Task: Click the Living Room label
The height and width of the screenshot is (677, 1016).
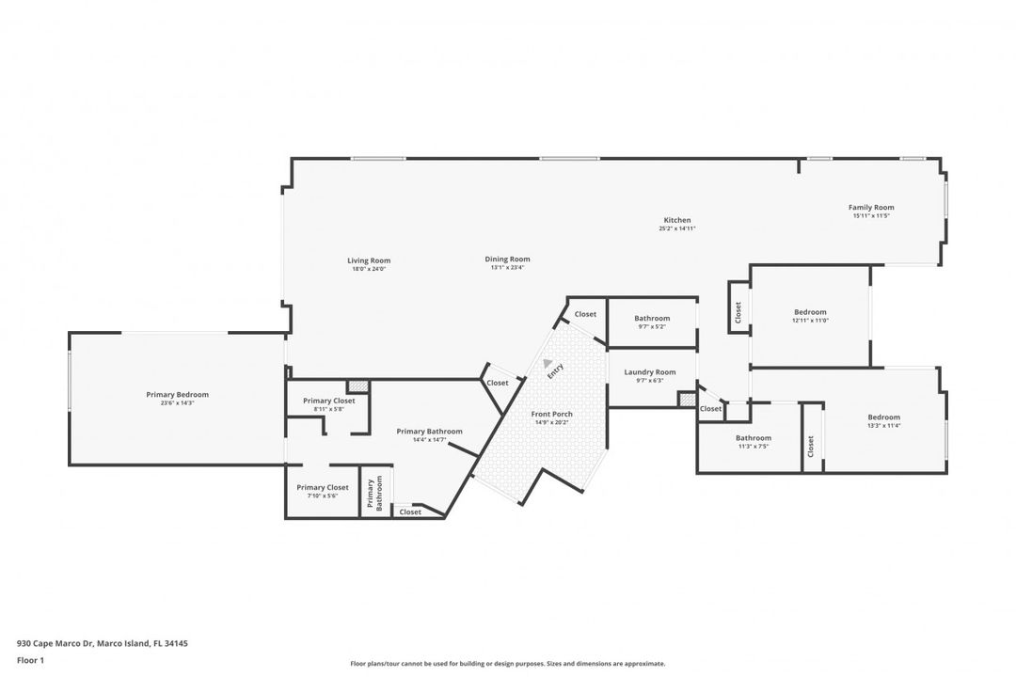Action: (x=369, y=260)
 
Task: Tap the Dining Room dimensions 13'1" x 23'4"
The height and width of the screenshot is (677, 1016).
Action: (x=507, y=268)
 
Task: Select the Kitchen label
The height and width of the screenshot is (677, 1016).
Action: (x=677, y=220)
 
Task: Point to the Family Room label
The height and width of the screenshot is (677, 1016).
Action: (x=871, y=207)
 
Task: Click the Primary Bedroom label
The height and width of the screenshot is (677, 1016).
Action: (x=177, y=395)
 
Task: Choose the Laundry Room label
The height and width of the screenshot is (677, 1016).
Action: (x=650, y=372)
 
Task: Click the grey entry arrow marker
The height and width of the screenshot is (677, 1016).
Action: (x=548, y=362)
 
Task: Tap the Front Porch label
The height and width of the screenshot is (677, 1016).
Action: (x=552, y=414)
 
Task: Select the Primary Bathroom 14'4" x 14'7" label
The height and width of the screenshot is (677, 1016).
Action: (x=429, y=432)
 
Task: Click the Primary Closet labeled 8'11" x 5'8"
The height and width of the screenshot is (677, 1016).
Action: (x=329, y=401)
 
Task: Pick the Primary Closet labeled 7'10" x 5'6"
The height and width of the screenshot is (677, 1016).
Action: (x=323, y=487)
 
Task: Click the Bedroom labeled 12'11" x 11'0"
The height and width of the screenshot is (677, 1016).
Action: (x=810, y=312)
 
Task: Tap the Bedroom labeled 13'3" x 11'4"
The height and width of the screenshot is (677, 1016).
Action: (x=883, y=417)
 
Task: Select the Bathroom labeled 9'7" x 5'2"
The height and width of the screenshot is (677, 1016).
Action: (x=652, y=319)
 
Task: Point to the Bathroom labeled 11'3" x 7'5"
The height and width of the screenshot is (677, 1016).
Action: (x=754, y=438)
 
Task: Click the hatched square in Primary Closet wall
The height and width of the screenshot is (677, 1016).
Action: (x=357, y=386)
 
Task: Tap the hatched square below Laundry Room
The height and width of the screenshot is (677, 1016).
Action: (x=687, y=400)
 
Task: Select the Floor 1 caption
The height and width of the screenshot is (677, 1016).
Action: (x=30, y=660)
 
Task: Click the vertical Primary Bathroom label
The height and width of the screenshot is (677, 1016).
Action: (x=374, y=493)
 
